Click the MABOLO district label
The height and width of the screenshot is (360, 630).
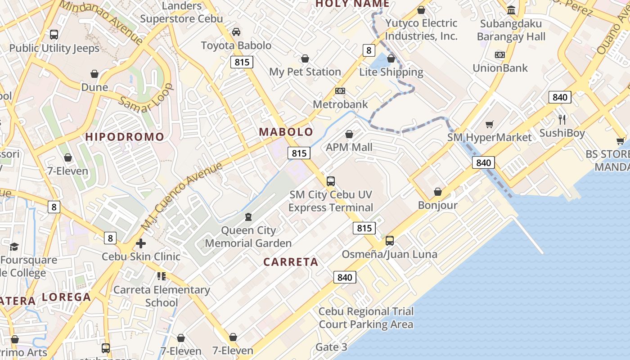coord(286,132)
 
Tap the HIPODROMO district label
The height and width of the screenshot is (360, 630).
coord(125,137)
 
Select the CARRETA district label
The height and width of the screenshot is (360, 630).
coord(291,262)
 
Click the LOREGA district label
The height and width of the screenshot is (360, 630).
coord(67,297)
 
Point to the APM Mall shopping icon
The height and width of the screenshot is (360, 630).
coord(349,134)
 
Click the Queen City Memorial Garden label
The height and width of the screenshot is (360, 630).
coord(248,237)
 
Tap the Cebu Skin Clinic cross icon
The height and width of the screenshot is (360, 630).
coord(141,243)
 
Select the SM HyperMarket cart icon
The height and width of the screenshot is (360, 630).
coord(490,124)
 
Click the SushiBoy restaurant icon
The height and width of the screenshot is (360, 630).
coord(562,119)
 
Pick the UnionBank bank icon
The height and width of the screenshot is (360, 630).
coord(499,55)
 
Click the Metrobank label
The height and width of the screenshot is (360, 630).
coord(340,104)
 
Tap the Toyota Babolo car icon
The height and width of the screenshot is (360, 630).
coord(236,32)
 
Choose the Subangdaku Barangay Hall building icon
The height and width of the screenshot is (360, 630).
coord(511,10)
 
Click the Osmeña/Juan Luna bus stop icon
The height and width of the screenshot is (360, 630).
coord(390,241)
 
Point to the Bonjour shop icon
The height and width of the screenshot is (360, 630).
coord(437,192)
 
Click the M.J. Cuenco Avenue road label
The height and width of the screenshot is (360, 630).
coord(182,195)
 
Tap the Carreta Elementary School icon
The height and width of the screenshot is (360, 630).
coord(161,276)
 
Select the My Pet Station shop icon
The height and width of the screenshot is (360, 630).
coord(305,58)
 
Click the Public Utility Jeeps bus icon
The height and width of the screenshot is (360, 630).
coord(54,34)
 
